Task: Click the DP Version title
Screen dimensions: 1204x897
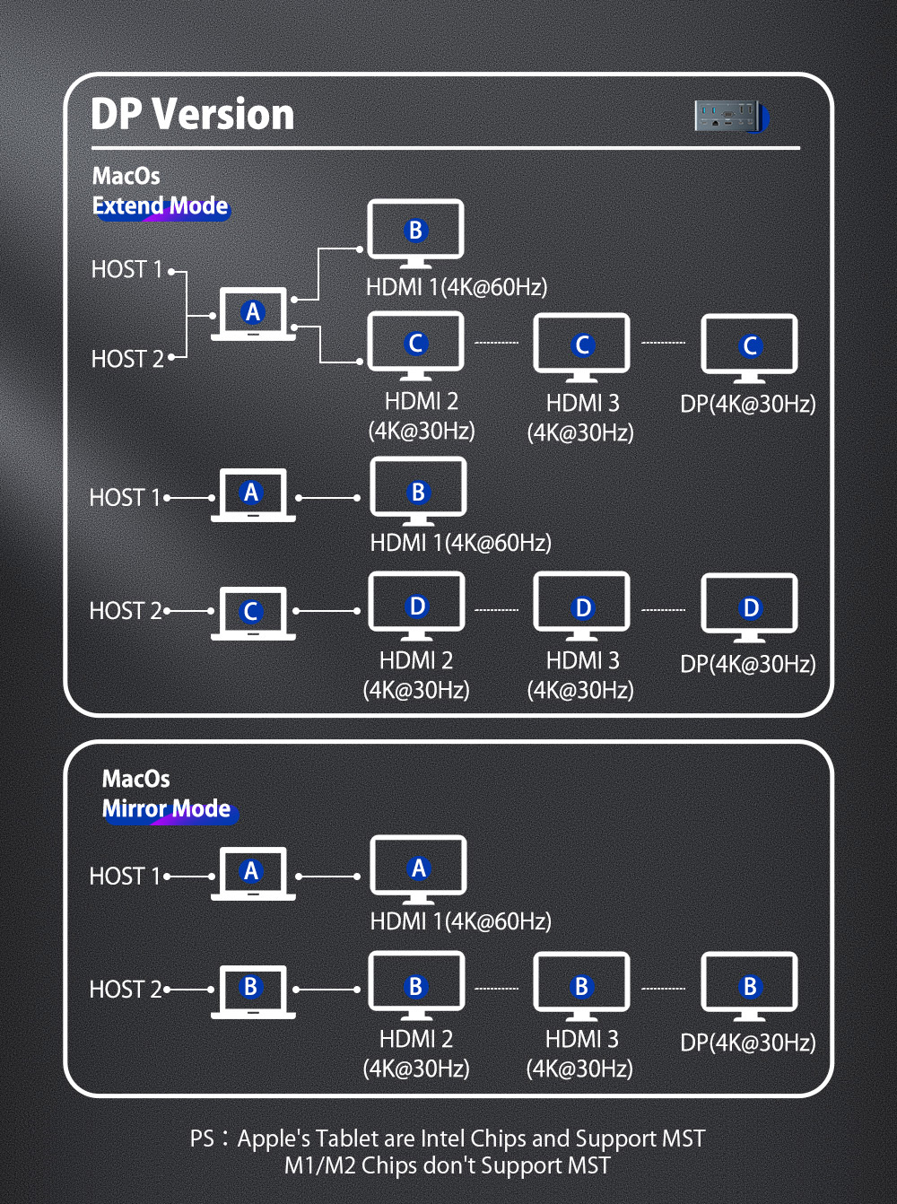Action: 192,115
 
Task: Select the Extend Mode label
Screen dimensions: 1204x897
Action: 161,206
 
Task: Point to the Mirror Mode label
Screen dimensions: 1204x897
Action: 167,809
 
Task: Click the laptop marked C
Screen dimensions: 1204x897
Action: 253,612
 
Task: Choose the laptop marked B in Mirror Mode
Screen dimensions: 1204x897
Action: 253,990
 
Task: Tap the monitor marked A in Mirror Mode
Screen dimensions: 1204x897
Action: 418,868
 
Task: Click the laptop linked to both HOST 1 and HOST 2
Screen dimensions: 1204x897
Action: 253,313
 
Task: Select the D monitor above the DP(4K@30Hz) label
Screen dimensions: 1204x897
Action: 749,607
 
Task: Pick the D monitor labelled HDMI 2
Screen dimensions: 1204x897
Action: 416,606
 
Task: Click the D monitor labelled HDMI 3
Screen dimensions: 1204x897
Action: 581,607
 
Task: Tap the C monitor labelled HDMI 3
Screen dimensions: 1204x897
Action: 581,345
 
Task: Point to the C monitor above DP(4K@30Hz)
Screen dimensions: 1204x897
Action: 749,345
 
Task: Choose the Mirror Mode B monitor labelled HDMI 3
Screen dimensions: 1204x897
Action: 581,986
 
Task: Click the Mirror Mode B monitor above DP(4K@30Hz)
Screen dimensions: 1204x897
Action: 749,986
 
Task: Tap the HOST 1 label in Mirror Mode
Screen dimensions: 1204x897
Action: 125,876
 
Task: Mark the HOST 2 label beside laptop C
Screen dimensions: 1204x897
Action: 126,611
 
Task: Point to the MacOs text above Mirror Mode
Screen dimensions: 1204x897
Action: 135,778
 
